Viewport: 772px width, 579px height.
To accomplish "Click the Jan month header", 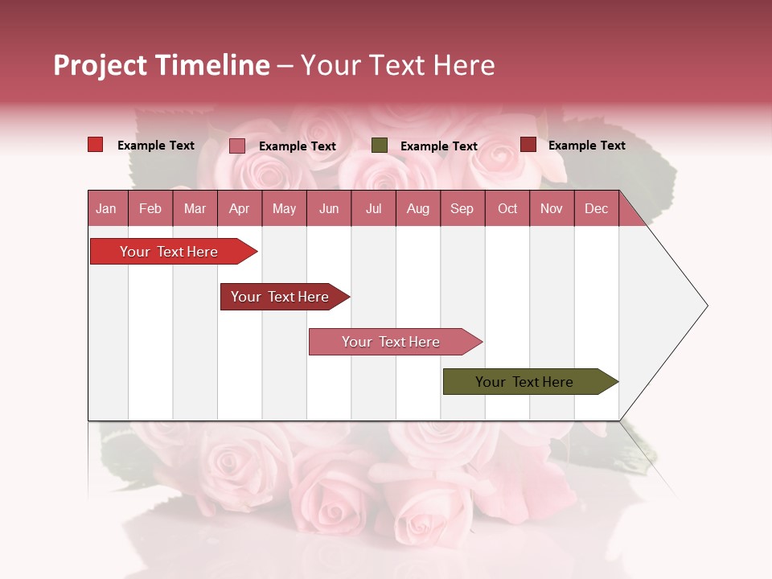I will [x=107, y=208].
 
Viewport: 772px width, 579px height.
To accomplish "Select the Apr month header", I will [x=240, y=208].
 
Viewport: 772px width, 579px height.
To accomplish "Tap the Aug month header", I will [x=418, y=208].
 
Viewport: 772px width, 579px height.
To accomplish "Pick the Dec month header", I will [x=597, y=208].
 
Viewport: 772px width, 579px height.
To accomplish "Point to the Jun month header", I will [x=329, y=208].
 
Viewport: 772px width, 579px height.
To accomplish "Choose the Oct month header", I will [x=507, y=208].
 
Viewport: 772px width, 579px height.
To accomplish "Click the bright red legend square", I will [x=96, y=145].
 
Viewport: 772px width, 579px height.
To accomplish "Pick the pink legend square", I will [x=237, y=146].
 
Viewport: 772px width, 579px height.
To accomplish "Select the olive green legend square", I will [x=380, y=146].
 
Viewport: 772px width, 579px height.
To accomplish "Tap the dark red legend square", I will [x=528, y=145].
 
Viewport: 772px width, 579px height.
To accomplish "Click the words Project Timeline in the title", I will [x=161, y=65].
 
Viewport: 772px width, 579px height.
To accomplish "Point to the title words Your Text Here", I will [x=398, y=65].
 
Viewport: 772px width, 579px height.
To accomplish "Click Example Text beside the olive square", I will [x=439, y=146].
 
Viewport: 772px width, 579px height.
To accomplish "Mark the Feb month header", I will [x=150, y=208].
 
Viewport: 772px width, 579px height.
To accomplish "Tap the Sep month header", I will [x=462, y=208].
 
